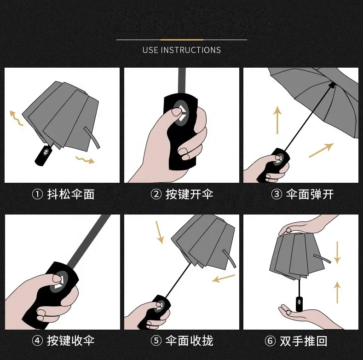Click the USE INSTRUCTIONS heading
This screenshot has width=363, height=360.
(x=181, y=50)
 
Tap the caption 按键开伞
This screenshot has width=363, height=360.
(x=189, y=194)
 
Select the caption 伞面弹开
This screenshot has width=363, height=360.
(x=310, y=194)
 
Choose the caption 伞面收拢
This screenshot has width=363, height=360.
(x=189, y=341)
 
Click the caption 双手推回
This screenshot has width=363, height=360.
(x=310, y=341)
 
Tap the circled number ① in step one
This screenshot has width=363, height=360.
(x=37, y=194)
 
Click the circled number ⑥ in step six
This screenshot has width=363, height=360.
(x=271, y=341)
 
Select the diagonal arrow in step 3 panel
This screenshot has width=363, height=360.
(x=321, y=150)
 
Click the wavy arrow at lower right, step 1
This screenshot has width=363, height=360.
(x=85, y=160)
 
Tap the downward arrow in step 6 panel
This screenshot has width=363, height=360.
(x=337, y=252)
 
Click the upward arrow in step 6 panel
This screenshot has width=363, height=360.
(x=337, y=292)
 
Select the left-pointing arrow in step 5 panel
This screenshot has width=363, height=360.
(x=224, y=278)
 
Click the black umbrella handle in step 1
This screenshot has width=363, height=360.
(x=43, y=155)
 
